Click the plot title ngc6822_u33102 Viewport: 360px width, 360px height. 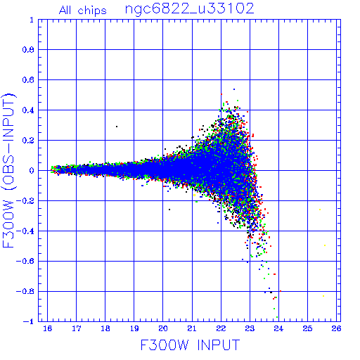coord(189,9)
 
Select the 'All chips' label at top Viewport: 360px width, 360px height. coord(83,11)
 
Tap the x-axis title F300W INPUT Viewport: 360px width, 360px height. coord(190,345)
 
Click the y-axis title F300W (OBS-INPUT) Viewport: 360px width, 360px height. coord(8,170)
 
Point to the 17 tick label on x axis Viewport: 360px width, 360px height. coord(77,328)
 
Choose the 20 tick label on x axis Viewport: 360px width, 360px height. coord(163,328)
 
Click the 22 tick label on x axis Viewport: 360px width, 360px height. coord(221,328)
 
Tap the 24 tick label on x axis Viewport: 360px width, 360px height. coord(278,328)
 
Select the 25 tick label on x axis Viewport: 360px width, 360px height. coord(307,328)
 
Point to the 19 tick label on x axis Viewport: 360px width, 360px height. coord(134,328)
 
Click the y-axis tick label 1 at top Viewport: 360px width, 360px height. coord(32,20)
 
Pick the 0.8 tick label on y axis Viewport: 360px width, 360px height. coord(28,50)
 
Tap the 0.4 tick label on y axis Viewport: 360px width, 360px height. coord(28,110)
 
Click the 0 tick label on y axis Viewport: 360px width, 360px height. coord(32,171)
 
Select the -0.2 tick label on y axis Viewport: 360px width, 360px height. coord(25,201)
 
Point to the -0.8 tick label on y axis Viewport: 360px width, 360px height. coord(25,291)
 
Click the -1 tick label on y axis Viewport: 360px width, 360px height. coord(29,321)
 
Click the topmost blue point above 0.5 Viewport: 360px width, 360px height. coord(234,89)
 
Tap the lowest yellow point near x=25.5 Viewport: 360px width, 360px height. coord(323,296)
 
